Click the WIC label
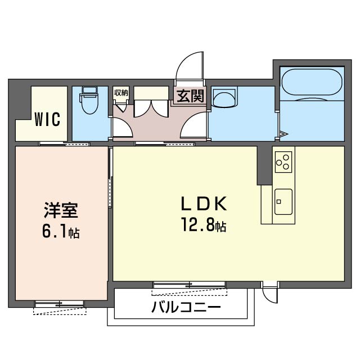click(x=47, y=119)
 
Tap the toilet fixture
click(x=89, y=100)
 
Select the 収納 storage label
click(x=121, y=93)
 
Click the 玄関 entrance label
click(x=190, y=96)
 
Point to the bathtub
click(x=312, y=82)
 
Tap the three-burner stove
click(x=283, y=161)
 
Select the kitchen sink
click(x=283, y=202)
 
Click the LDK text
click(x=204, y=204)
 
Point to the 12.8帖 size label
click(x=204, y=224)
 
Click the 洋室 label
click(x=61, y=210)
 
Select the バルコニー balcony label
click(x=186, y=307)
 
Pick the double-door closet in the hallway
click(x=151, y=108)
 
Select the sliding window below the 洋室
click(x=59, y=304)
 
